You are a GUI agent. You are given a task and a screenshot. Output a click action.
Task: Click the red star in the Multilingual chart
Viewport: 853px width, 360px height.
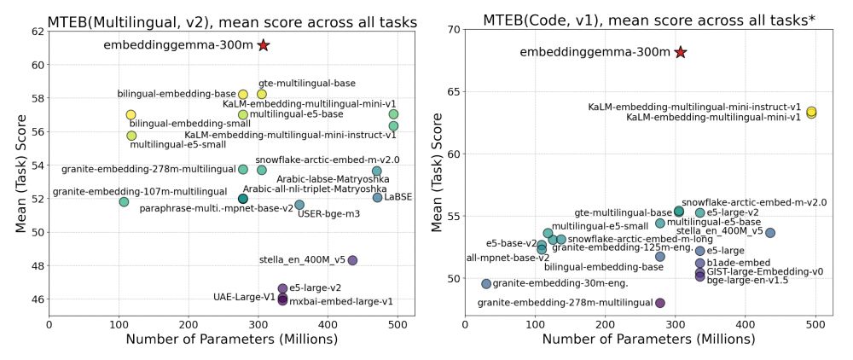(264, 44)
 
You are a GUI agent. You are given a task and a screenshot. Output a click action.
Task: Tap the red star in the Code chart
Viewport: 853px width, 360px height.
(680, 52)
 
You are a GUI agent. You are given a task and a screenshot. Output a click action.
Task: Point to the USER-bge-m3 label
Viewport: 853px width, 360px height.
(328, 213)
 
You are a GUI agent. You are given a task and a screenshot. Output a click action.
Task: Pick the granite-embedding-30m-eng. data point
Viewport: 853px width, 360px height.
(486, 283)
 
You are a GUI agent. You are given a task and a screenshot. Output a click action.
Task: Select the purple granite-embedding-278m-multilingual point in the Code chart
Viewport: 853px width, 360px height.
(659, 303)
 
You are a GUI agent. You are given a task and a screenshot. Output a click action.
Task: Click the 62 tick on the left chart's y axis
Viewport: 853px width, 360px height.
(38, 32)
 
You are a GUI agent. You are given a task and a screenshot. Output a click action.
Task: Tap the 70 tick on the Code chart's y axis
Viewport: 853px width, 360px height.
(452, 30)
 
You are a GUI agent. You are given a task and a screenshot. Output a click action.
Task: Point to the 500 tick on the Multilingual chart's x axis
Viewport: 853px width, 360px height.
(421, 325)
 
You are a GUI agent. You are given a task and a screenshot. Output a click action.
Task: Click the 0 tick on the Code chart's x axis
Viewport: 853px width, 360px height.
(465, 325)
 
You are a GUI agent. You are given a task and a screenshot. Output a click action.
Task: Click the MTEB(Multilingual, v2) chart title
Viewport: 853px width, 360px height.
(231, 22)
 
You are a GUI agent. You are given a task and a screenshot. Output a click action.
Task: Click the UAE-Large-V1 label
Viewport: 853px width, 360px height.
(244, 297)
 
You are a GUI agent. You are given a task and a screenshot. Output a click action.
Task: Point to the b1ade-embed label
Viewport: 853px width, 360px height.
(738, 263)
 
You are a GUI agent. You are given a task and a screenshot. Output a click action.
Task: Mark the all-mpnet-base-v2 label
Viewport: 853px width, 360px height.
(508, 258)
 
